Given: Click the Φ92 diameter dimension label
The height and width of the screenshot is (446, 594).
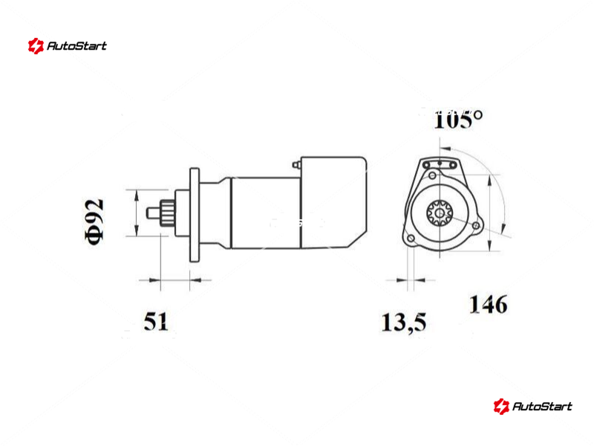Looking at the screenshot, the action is pos(94,222).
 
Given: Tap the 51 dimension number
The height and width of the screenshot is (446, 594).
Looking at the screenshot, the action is pos(156,322).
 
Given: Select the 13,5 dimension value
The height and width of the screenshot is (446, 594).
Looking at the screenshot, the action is pos(404,323).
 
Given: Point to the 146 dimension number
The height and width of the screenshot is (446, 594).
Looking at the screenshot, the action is pos(489,305).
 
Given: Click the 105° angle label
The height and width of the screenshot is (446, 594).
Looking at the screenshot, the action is pos(458,120).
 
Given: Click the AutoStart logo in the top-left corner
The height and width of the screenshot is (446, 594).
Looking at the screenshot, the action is pos(67,46).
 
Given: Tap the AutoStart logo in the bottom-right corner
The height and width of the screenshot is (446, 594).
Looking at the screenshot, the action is pos(532,406).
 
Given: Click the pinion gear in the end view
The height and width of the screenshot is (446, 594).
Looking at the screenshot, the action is pos(440,213).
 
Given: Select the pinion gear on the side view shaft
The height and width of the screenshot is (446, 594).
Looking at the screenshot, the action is pos(167,213).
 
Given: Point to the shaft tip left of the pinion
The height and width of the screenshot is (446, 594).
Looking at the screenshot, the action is pos(154,213).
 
